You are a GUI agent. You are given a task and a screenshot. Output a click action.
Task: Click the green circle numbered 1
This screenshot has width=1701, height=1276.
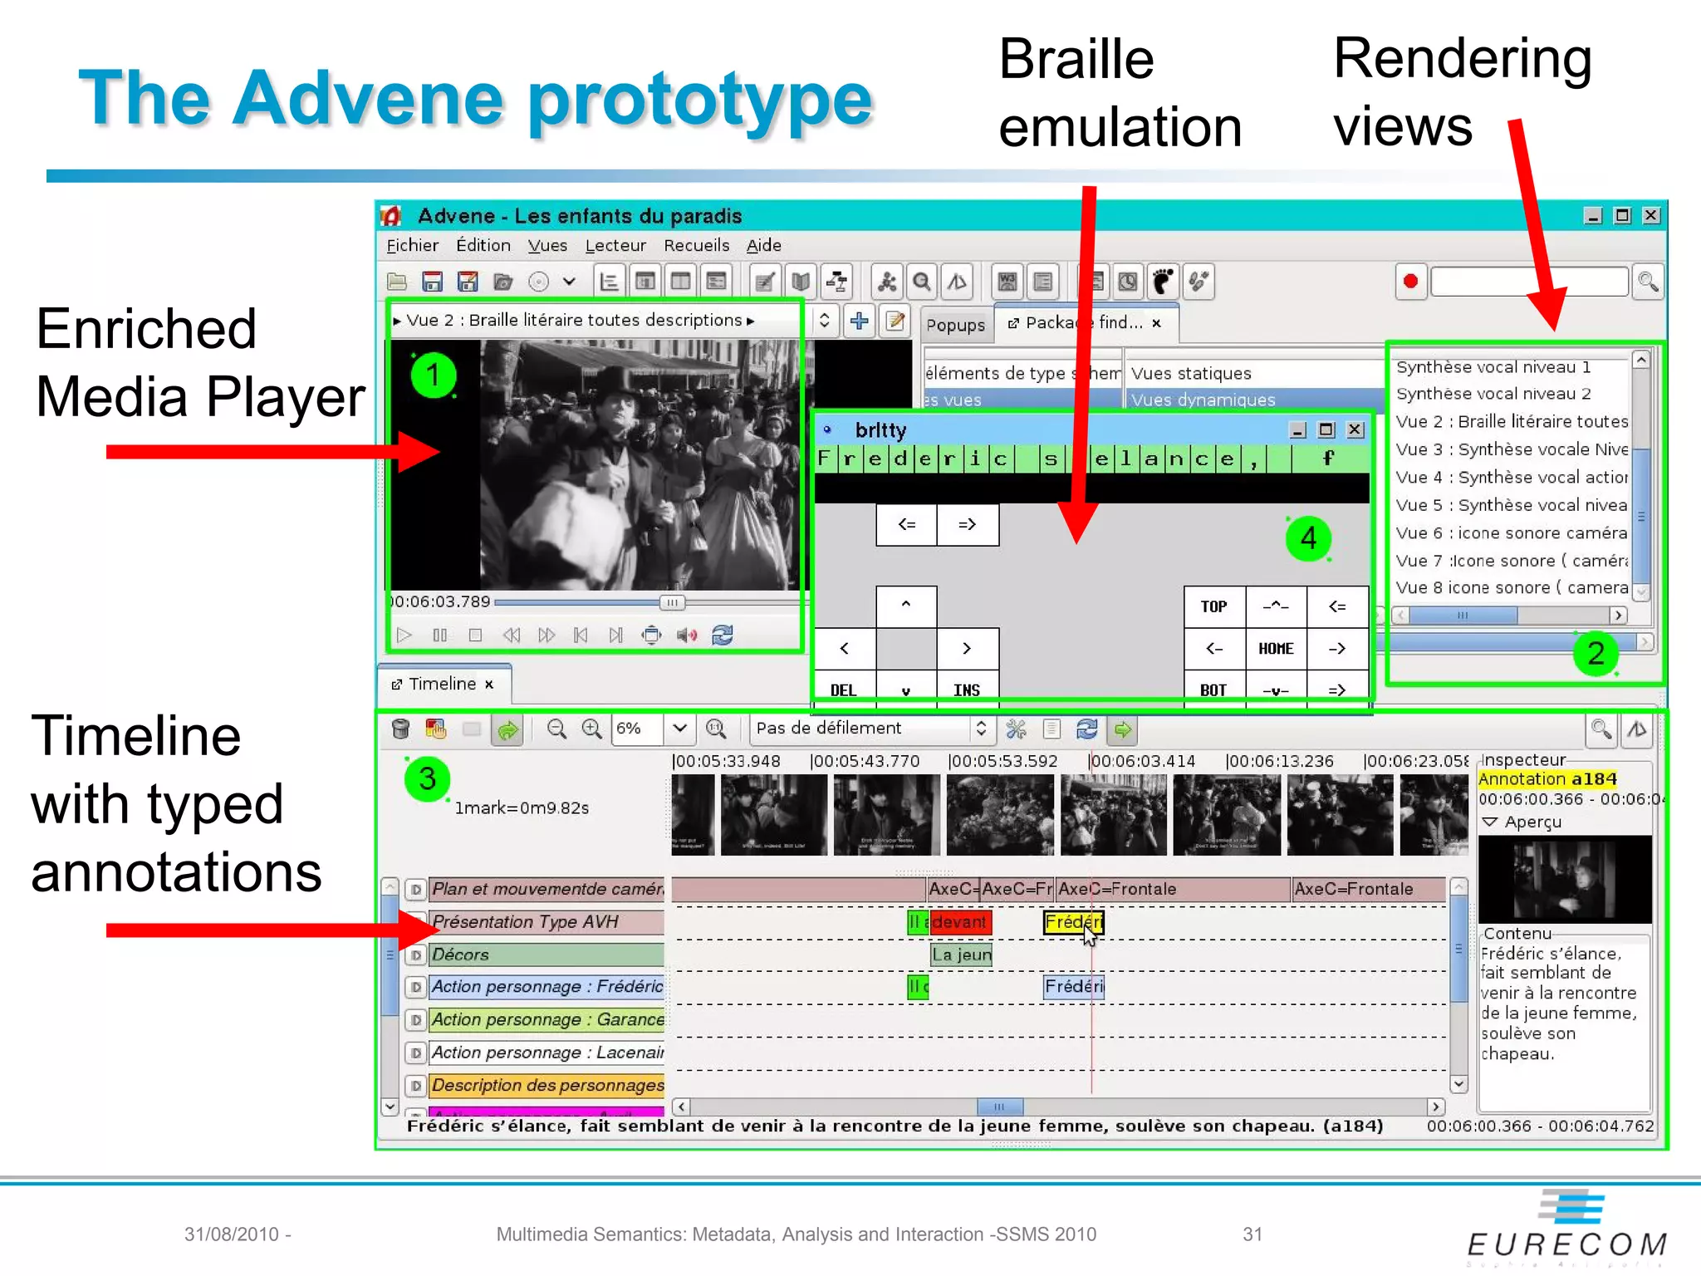click(433, 375)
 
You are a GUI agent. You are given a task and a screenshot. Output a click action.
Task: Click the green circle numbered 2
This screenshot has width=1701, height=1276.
click(1596, 653)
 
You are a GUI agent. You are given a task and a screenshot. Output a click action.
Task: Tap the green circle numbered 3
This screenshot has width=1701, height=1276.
click(427, 778)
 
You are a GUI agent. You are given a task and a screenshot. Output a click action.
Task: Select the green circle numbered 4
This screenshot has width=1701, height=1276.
click(1308, 538)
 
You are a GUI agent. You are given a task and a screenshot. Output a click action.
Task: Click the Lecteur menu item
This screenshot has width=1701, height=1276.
click(615, 246)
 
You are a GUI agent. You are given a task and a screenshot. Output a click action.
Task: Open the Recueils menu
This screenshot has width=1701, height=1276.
click(696, 246)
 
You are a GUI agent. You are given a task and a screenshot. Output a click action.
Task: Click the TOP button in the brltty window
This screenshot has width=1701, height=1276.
click(1213, 606)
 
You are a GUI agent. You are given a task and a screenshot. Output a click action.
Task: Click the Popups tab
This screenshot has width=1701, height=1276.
click(955, 325)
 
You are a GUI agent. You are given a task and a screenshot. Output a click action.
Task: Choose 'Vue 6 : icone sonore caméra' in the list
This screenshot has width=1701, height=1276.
click(1511, 532)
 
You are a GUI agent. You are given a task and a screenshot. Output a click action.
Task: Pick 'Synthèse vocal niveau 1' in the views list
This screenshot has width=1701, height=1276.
click(1493, 367)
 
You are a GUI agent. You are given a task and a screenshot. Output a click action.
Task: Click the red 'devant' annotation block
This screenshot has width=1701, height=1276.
click(960, 922)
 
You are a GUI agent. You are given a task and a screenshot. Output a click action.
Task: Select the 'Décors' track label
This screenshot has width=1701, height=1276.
click(547, 955)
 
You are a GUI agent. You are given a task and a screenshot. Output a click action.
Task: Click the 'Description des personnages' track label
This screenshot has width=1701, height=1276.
click(547, 1086)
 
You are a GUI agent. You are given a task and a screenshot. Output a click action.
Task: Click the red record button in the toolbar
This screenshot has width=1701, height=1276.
click(1410, 282)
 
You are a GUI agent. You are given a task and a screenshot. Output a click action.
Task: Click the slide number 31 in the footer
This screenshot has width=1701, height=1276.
click(1252, 1234)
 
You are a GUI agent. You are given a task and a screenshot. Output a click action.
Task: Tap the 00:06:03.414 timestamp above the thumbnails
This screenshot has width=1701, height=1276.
click(1143, 761)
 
